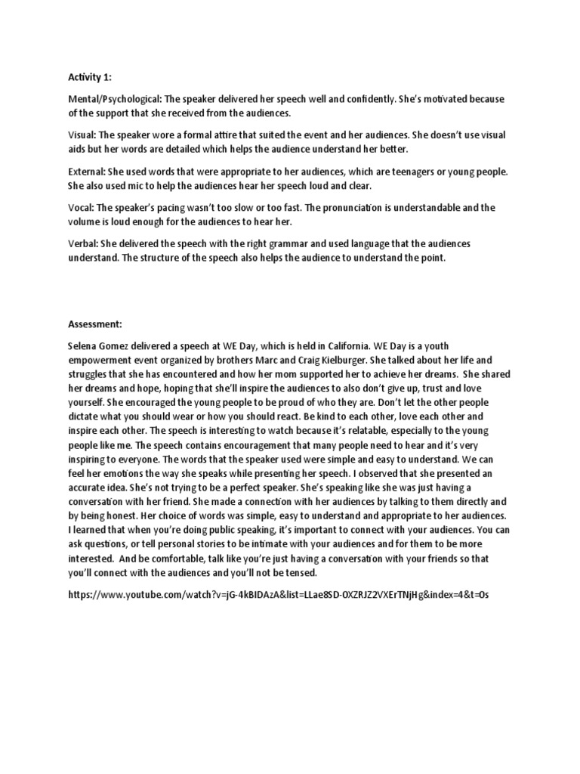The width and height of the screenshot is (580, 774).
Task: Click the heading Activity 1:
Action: (x=88, y=76)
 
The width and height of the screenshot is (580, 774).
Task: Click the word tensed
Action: (x=286, y=572)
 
